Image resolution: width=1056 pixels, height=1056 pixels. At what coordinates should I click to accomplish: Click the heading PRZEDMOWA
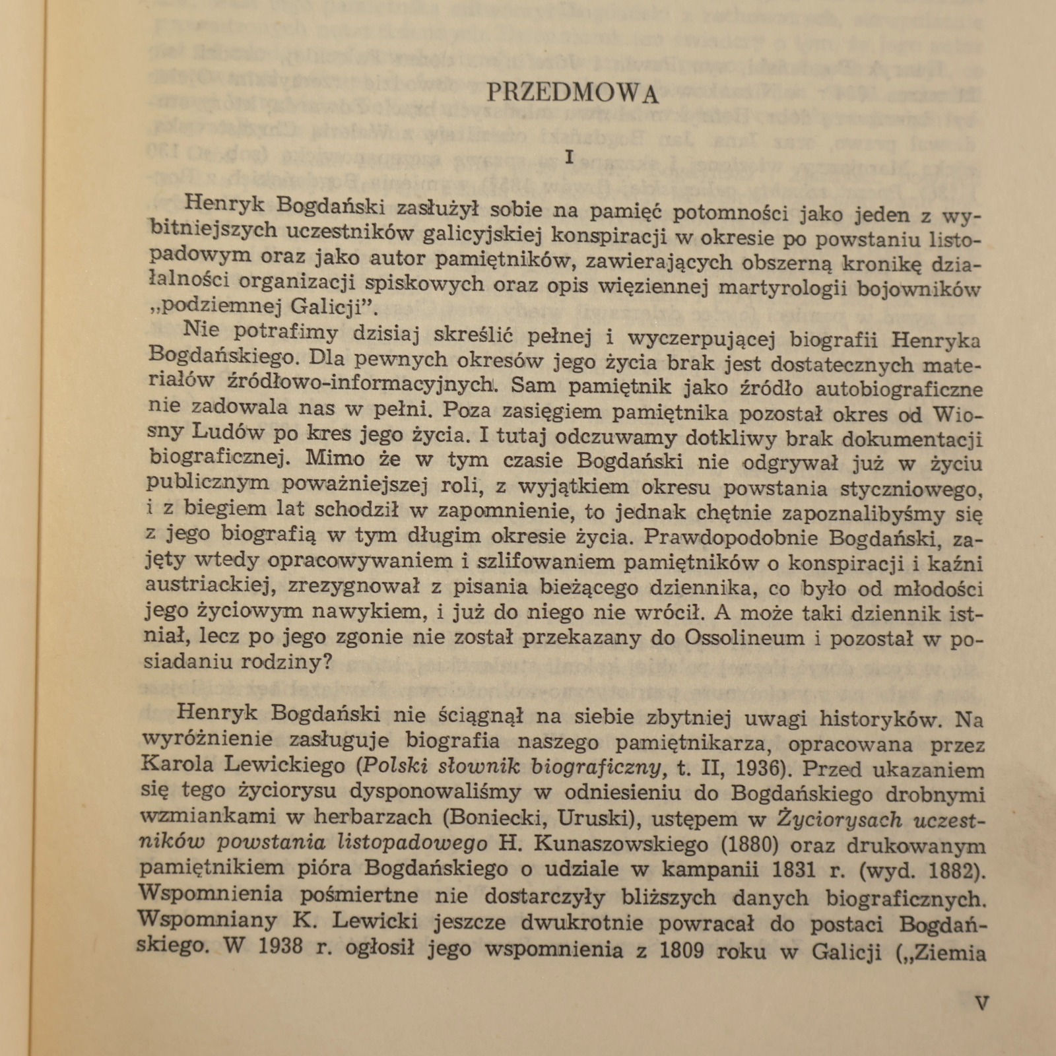pyautogui.click(x=573, y=94)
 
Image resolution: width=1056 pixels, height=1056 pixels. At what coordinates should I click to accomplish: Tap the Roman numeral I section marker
pyautogui.click(x=571, y=158)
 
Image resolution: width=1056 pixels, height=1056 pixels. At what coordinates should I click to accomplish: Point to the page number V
pyautogui.click(x=982, y=1005)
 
